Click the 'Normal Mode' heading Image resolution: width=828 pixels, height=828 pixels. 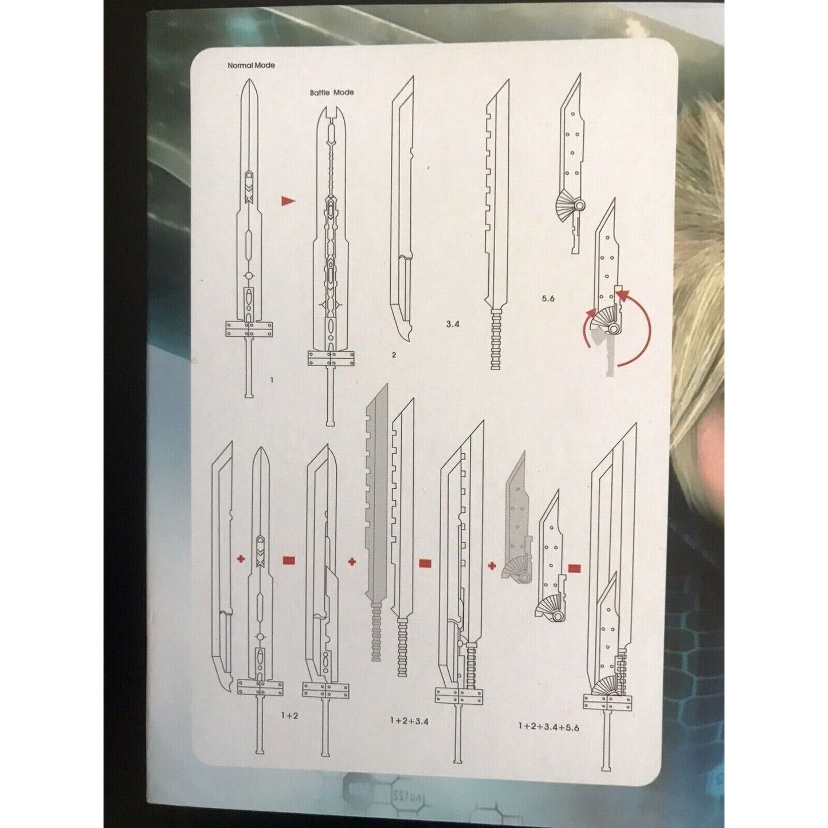point(251,66)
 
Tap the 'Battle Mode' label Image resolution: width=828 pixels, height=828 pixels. point(332,92)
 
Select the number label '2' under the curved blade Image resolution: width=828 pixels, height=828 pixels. point(394,355)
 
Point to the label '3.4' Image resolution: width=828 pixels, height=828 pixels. point(453,324)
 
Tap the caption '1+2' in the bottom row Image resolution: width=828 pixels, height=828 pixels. point(289,716)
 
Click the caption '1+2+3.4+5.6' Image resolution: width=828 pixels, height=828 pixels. point(549,727)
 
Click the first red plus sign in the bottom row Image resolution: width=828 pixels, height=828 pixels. point(241,559)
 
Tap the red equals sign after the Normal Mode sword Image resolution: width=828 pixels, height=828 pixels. point(289,560)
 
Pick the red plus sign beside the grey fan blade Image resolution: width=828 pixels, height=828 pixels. point(492,566)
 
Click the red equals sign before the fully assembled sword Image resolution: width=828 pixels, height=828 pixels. point(575,569)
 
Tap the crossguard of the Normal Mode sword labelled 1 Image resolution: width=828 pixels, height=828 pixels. point(249,330)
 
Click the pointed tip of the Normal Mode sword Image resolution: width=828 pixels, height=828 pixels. point(250,79)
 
